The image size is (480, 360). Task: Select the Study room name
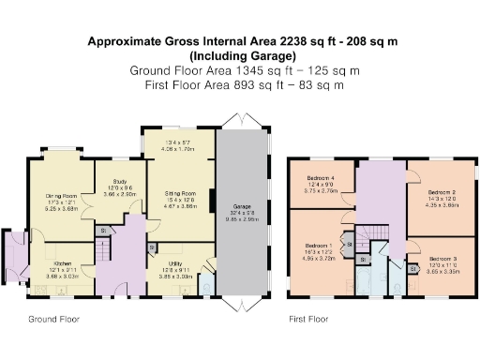120,180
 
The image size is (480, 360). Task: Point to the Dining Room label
62,196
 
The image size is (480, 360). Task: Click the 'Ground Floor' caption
52,320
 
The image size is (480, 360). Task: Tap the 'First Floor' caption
308,320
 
